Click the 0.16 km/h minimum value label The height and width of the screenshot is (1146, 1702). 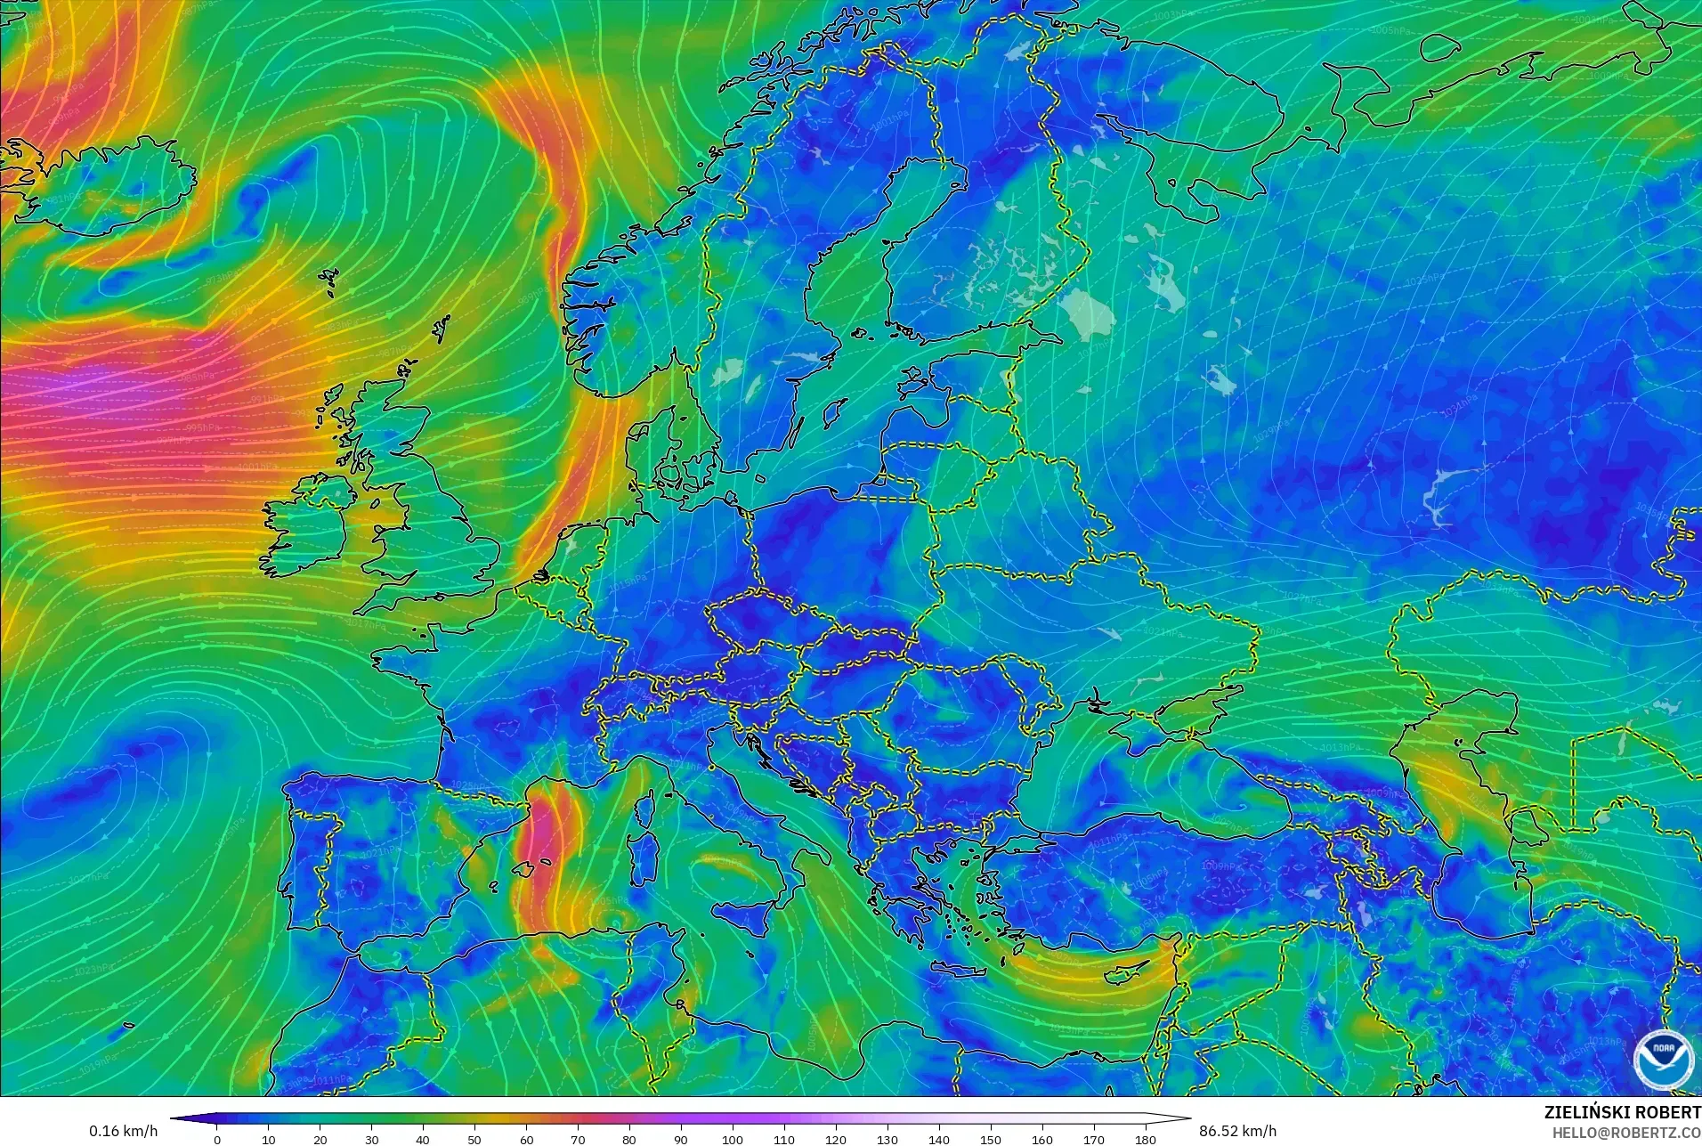pos(123,1131)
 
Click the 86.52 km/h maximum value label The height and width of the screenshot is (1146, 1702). pos(1237,1131)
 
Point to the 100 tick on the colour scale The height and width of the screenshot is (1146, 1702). pos(733,1139)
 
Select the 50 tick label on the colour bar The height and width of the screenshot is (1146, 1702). pos(474,1139)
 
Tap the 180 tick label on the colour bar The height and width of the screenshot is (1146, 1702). pos(1146,1139)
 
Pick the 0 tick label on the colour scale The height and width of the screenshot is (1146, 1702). pos(217,1139)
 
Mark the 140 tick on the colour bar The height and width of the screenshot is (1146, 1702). pos(939,1139)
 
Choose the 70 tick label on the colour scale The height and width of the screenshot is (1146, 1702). pos(578,1139)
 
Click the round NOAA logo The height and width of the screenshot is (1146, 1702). pos(1663,1060)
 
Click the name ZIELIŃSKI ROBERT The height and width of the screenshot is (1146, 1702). pos(1622,1112)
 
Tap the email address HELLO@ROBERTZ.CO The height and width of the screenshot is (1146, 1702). pos(1626,1133)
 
